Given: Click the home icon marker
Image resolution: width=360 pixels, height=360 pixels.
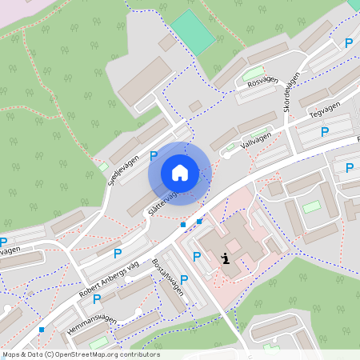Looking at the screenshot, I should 180,172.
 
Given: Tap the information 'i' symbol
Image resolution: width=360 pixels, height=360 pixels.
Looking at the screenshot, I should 226,258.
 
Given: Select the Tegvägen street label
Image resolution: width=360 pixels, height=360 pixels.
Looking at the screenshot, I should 324,110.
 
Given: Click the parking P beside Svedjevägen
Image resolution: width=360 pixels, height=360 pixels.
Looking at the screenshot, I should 154,156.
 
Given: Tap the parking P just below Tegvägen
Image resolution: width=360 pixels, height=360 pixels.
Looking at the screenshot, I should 324,131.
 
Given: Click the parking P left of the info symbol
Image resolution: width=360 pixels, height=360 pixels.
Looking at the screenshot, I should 197,256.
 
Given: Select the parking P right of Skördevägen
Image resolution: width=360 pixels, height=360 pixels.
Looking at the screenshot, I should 348,44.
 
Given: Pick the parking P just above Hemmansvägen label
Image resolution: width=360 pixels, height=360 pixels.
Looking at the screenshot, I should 97,298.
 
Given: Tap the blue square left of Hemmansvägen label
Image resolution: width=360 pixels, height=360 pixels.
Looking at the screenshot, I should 42,329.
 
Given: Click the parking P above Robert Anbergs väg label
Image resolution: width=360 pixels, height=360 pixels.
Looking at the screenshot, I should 118,254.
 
